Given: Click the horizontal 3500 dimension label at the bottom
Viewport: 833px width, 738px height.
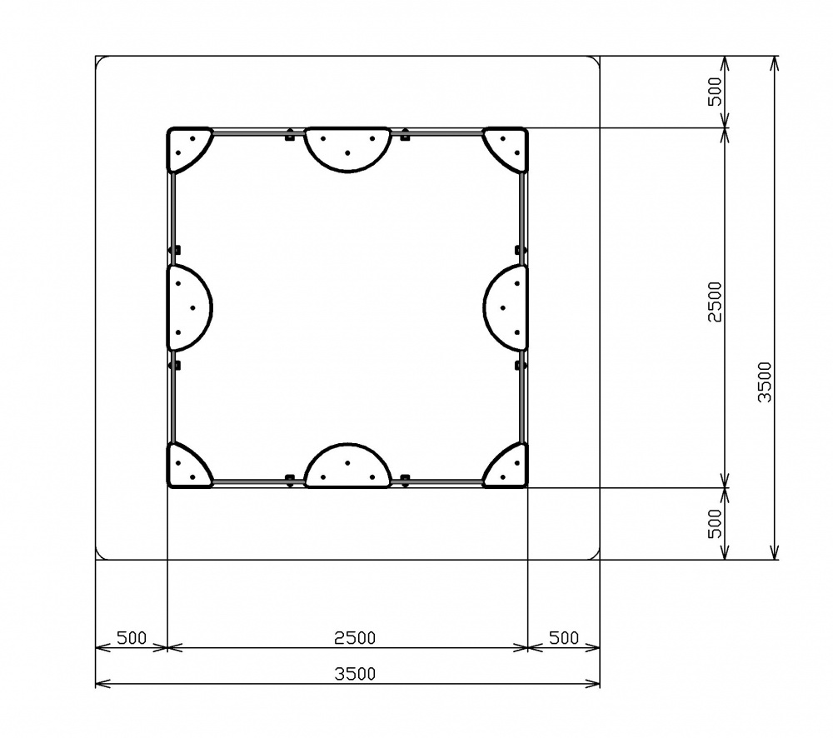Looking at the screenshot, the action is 355,674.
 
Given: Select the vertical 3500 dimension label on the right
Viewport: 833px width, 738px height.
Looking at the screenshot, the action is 765,382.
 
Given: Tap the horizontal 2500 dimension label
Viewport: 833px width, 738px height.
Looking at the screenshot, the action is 355,637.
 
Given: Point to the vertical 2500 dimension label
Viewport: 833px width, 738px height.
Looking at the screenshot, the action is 716,302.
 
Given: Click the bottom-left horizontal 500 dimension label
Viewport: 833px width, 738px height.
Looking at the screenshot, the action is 132,637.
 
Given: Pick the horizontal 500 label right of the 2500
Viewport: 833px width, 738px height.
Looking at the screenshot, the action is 564,637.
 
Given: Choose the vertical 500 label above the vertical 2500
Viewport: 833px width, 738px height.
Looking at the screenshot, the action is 716,92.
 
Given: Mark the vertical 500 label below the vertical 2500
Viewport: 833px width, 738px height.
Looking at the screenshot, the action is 716,524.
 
